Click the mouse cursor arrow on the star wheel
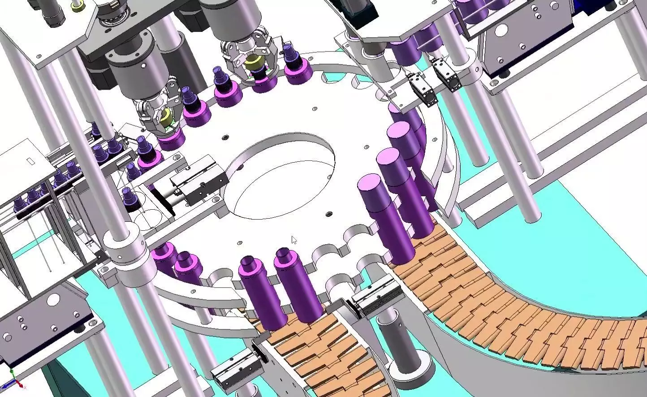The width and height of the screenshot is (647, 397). (x=294, y=240)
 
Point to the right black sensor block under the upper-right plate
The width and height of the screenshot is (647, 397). (x=448, y=74)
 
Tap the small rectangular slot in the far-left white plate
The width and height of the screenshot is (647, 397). (x=30, y=160)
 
